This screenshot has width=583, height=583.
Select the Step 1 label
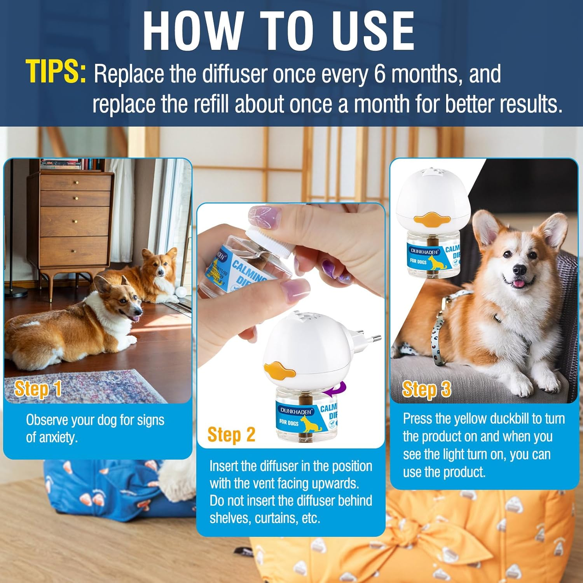38,389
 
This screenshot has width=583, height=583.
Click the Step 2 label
231,435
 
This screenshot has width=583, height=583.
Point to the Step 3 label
426,389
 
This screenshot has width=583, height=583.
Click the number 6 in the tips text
379,74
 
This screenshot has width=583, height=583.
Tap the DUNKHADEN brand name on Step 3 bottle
424,251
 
